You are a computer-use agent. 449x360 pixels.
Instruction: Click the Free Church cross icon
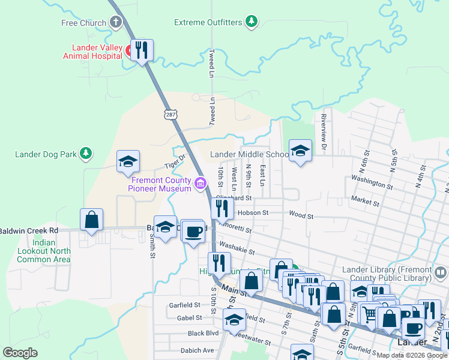click(x=115, y=23)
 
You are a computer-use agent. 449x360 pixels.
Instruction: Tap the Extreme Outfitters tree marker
click(x=252, y=23)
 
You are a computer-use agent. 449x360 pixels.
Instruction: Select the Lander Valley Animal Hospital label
click(x=92, y=52)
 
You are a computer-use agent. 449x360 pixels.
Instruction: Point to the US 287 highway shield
click(x=169, y=113)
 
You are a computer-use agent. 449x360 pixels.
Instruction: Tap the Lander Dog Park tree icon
click(x=86, y=154)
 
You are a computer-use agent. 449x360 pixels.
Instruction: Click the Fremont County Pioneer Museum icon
click(x=200, y=182)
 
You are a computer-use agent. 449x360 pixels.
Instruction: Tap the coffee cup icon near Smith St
click(x=193, y=231)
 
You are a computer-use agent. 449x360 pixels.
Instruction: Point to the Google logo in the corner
click(x=20, y=353)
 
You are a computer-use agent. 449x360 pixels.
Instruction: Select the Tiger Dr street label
click(x=175, y=161)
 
